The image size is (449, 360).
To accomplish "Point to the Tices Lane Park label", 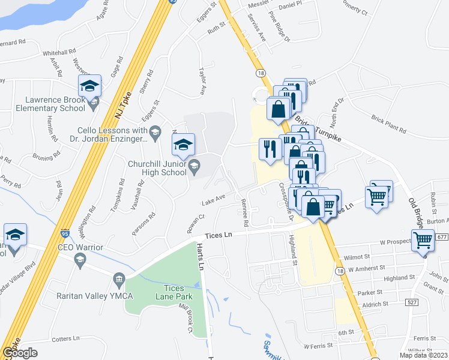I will pyautogui.click(x=166, y=292).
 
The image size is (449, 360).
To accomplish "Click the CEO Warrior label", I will pyautogui.click(x=80, y=247).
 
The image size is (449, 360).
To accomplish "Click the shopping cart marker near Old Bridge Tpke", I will pyautogui.click(x=423, y=240).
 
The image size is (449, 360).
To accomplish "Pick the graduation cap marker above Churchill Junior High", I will pyautogui.click(x=183, y=143).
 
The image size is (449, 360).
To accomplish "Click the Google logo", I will pyautogui.click(x=20, y=353).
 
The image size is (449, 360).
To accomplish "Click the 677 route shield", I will pyautogui.click(x=442, y=237).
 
